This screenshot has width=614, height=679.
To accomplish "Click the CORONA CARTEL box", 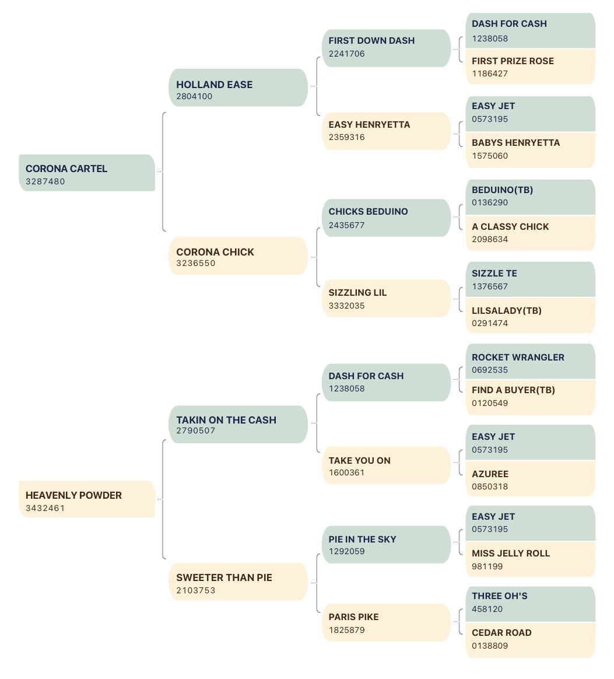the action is tap(87, 173).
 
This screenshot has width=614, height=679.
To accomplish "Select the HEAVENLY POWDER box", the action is tap(87, 499).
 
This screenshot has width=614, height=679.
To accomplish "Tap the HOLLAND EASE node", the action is tap(238, 87).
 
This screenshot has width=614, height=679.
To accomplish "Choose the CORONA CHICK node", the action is tap(238, 256).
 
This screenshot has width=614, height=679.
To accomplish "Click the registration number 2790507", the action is tap(196, 431).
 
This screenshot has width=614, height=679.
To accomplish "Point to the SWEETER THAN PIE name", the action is tap(224, 577).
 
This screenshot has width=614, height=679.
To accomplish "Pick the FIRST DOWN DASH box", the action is tap(387, 48).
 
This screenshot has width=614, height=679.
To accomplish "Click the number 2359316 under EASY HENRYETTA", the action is tap(347, 137).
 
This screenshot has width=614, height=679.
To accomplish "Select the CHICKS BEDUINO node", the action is tap(387, 218).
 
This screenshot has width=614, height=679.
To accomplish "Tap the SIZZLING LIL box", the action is tap(387, 298).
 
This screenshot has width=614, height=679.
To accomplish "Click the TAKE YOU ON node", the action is tap(387, 466).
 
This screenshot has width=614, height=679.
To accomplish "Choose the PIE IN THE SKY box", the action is tap(387, 545).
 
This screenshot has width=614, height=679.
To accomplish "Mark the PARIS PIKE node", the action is tap(387, 622).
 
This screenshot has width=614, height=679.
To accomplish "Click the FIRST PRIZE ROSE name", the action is tap(513, 61).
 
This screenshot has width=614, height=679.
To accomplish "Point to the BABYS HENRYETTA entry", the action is tap(531, 150).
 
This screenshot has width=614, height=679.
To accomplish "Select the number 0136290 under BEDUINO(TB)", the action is tap(490, 202).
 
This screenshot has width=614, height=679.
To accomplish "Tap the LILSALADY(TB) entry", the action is tap(531, 316).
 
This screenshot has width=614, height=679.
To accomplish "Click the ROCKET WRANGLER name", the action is tap(518, 357).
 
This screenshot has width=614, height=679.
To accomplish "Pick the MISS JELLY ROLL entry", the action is tap(531, 559).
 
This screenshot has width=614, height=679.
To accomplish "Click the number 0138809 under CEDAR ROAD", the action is tap(490, 646).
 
